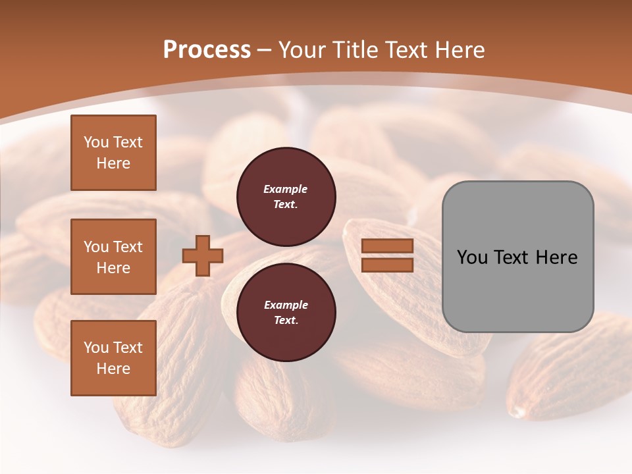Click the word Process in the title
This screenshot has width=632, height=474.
coord(207,50)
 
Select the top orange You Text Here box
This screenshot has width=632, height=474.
coord(113,153)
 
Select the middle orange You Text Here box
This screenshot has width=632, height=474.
coord(113,257)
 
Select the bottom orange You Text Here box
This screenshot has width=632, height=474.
coord(113,358)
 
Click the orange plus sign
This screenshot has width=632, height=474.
coord(203,255)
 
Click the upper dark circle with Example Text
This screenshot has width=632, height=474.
coord(286,197)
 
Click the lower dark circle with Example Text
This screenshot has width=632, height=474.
coord(286,313)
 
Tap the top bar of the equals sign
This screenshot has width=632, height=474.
coord(387,246)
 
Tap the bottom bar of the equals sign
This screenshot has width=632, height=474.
coord(387,265)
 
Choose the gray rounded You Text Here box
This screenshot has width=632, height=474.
coord(517,257)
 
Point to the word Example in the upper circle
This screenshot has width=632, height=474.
coord(286,190)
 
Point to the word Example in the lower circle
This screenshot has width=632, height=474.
coord(286,305)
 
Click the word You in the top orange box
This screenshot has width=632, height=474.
coord(96,142)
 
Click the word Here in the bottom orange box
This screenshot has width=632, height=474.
coord(113,369)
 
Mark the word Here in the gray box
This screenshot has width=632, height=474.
coord(557,257)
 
